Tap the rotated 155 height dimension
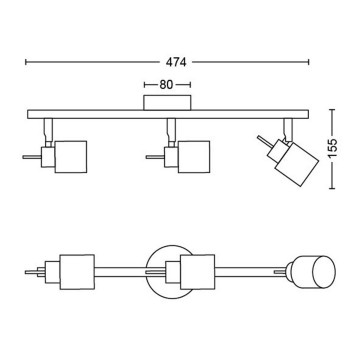point(346,145)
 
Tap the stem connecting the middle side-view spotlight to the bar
point(170,128)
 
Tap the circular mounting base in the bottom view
point(168,272)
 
